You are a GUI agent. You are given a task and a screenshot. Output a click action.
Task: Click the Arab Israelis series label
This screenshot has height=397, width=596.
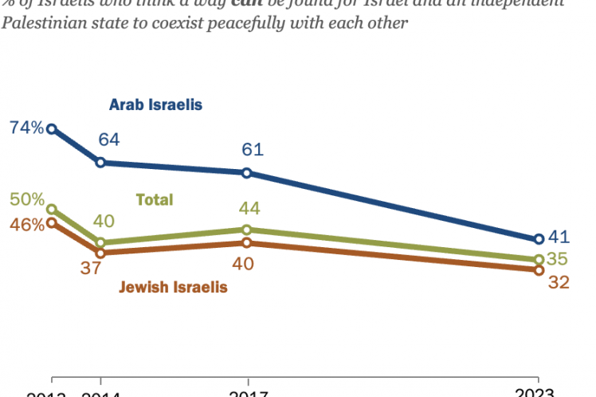pyautogui.click(x=156, y=104)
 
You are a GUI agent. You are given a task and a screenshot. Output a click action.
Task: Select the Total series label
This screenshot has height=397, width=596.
pyautogui.click(x=155, y=199)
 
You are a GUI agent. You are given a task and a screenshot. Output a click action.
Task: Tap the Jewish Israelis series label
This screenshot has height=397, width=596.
pyautogui.click(x=173, y=287)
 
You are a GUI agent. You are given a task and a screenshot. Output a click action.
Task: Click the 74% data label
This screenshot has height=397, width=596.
pyautogui.click(x=27, y=128)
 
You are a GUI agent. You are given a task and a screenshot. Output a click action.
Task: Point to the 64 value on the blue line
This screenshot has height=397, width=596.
pyautogui.click(x=109, y=140)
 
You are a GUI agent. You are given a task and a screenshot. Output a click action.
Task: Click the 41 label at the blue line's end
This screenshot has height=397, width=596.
pyautogui.click(x=559, y=237)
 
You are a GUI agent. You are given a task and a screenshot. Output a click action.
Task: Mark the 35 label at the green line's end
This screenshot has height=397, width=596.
pyautogui.click(x=559, y=259)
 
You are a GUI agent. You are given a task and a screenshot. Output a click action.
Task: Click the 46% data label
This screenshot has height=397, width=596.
pyautogui.click(x=27, y=225)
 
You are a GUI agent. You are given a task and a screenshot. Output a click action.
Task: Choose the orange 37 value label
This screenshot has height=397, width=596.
pyautogui.click(x=91, y=269)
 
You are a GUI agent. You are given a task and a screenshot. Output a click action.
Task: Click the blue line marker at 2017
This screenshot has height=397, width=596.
pyautogui.click(x=247, y=172)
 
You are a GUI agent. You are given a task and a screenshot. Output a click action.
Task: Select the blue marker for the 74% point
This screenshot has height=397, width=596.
pyautogui.click(x=53, y=128)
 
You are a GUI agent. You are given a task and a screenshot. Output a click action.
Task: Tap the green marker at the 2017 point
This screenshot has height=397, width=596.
pyautogui.click(x=247, y=230)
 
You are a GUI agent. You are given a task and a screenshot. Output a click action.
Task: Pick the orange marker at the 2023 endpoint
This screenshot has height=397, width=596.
pyautogui.click(x=539, y=270)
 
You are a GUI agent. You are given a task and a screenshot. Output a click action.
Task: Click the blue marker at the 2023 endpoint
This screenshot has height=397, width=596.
pyautogui.click(x=539, y=238)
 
